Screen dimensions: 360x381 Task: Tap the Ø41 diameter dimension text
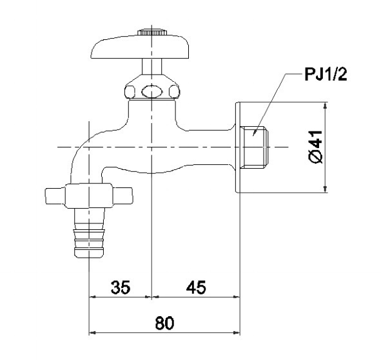click(x=316, y=147)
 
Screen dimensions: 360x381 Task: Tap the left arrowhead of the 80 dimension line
click(x=92, y=332)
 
